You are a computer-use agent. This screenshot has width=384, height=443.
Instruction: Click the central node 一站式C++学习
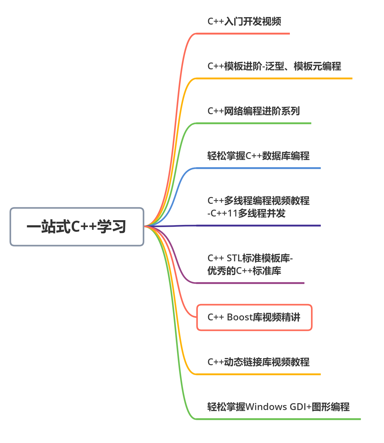click(x=77, y=227)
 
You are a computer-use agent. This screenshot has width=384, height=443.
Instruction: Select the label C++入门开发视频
click(x=244, y=21)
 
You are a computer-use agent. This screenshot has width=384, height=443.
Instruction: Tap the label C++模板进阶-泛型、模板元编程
click(x=274, y=66)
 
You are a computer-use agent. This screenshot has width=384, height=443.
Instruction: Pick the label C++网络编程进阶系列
click(x=253, y=111)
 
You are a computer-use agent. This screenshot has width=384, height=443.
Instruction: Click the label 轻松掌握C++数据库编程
click(x=258, y=156)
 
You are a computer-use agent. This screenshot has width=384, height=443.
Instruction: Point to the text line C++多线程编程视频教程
click(x=258, y=201)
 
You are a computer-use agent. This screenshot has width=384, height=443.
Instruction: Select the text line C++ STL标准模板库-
click(x=250, y=258)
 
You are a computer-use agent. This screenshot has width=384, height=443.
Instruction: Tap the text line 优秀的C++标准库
click(x=244, y=271)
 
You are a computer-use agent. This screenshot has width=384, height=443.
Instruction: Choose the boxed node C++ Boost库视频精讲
click(x=254, y=317)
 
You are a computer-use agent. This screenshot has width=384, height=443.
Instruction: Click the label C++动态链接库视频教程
click(x=258, y=362)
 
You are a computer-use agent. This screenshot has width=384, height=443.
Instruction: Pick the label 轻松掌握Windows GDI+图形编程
click(x=278, y=407)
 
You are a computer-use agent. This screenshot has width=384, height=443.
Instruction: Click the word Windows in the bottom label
click(x=266, y=407)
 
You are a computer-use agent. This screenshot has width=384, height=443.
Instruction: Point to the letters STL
click(x=234, y=258)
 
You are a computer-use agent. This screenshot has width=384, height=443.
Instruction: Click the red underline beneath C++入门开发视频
click(x=243, y=34)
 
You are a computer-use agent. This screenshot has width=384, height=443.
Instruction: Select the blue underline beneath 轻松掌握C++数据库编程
click(x=258, y=168)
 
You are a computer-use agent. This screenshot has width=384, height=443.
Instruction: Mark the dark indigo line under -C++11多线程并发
click(x=258, y=226)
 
